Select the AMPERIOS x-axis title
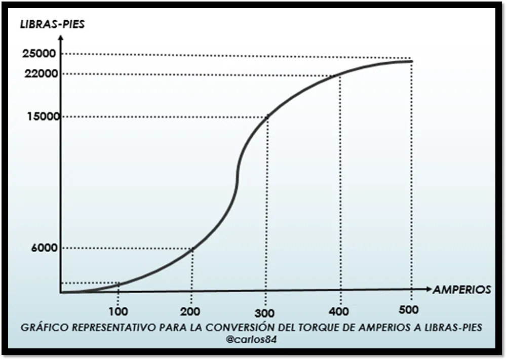461,290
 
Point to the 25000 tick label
41,54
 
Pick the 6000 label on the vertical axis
44,248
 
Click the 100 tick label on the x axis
119,311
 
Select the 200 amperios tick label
191,311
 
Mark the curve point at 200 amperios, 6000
192,248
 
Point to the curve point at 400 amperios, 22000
339,75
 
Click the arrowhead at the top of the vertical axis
60,38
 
